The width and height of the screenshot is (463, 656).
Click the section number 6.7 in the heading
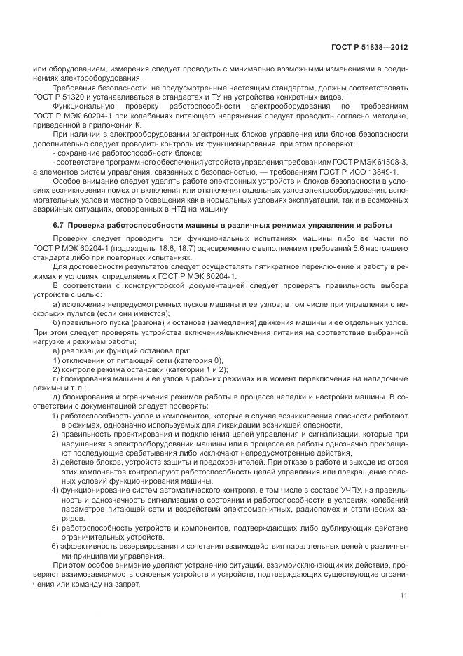pyautogui.click(x=59, y=225)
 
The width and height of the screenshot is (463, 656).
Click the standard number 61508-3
pyautogui.click(x=390, y=161)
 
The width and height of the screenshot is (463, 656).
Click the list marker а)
pyautogui.click(x=57, y=303)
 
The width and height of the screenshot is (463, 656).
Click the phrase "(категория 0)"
pyautogui.click(x=174, y=359)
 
